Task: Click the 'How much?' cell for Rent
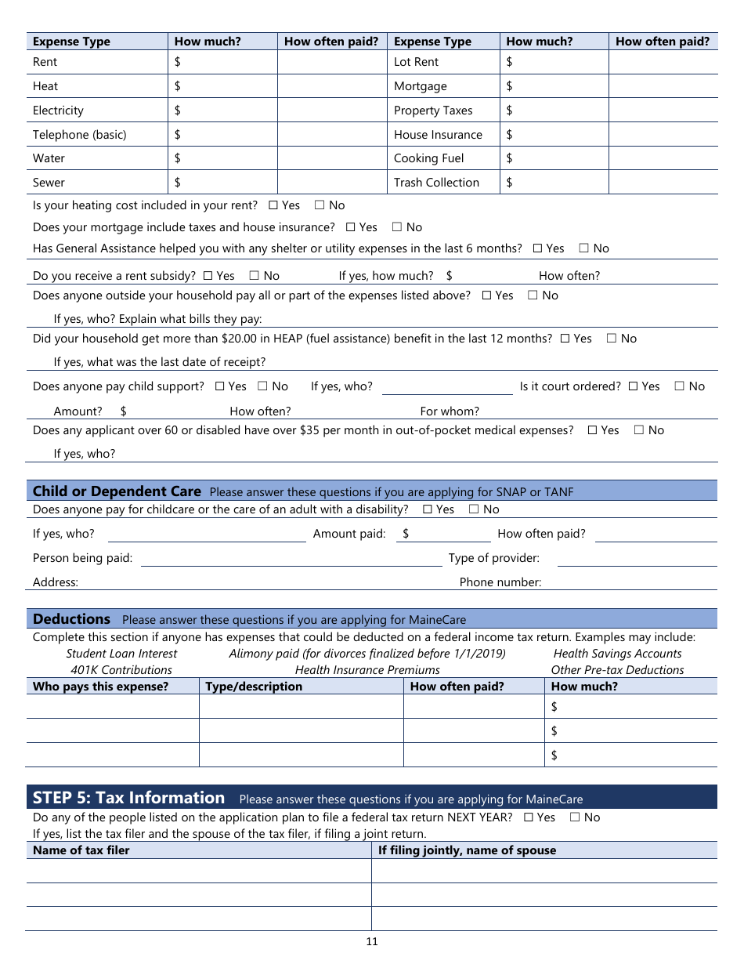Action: (222, 62)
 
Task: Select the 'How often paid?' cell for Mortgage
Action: (663, 86)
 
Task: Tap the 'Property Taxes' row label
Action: (433, 111)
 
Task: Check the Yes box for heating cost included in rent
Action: (273, 205)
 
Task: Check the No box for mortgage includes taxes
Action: (397, 227)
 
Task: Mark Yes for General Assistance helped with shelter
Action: (537, 248)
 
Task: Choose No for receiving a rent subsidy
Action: (255, 276)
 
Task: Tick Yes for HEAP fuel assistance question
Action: (565, 339)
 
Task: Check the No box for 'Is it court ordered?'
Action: (680, 386)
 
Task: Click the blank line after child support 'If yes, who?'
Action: (446, 387)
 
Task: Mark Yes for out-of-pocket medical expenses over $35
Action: (593, 430)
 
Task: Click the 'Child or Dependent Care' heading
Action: (117, 491)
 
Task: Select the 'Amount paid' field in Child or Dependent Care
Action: (446, 534)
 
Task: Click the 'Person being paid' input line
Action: (291, 558)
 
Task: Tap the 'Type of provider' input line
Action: (637, 558)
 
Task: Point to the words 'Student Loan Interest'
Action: (121, 654)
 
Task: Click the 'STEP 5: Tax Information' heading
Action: (128, 798)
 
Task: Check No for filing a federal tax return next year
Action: (575, 817)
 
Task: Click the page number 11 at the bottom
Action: (371, 941)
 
